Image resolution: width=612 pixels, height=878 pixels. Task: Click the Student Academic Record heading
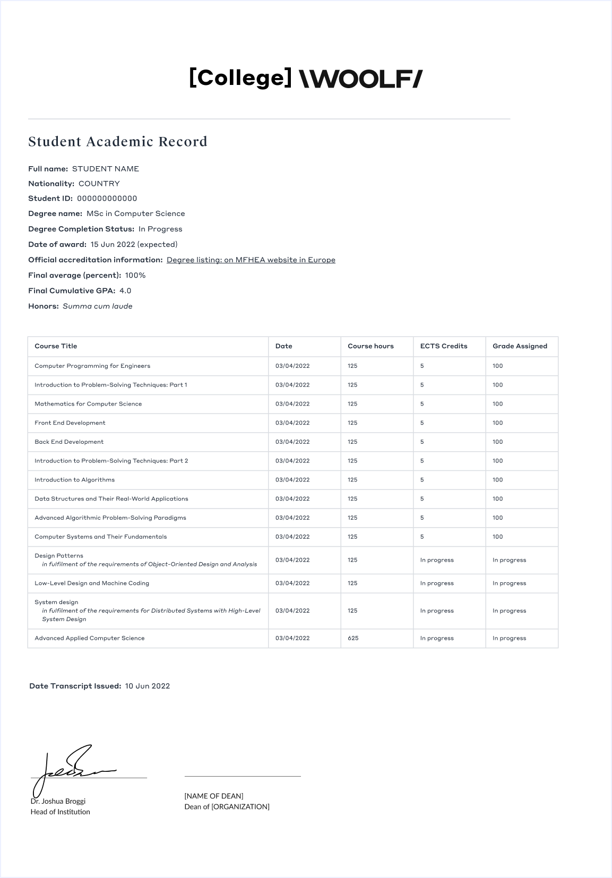tap(118, 142)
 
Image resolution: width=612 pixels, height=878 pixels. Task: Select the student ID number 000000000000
tap(107, 199)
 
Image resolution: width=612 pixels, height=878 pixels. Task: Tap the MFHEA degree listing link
tap(251, 260)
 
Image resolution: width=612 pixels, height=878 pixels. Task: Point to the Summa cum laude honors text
tap(98, 306)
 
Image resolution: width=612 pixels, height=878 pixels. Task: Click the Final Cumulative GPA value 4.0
tap(125, 291)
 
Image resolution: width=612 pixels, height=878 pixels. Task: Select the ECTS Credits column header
tap(444, 346)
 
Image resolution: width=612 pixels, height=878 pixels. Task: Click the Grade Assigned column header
tap(520, 346)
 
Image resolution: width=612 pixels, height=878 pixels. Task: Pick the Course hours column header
tap(370, 346)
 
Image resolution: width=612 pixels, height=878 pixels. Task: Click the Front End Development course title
tap(70, 423)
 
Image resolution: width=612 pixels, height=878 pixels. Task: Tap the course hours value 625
tap(353, 638)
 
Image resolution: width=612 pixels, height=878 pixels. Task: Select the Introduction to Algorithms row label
tap(75, 480)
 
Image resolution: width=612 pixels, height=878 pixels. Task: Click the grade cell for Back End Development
tap(497, 442)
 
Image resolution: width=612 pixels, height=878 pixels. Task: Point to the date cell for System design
tap(292, 611)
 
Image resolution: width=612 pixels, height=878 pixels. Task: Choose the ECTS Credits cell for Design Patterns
tap(437, 560)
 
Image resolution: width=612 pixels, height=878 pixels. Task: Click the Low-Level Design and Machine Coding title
tap(92, 583)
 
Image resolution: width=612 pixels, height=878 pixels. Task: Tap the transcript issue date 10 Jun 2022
tap(148, 686)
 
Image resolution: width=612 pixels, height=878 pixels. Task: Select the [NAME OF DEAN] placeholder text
tap(214, 796)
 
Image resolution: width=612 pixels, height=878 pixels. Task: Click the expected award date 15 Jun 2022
tap(113, 245)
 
